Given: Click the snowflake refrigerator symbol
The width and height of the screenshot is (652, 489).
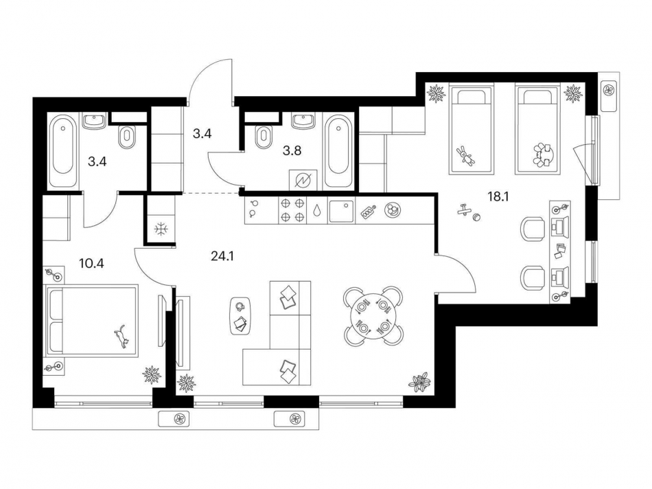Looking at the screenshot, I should tap(159, 229).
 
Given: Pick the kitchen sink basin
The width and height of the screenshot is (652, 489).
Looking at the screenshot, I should tap(340, 210).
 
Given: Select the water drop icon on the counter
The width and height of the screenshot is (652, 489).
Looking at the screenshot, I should tap(317, 211).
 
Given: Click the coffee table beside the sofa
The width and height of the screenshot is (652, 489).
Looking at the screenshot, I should tap(240, 317).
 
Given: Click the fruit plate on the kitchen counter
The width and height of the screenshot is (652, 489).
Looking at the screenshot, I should tap(393, 210).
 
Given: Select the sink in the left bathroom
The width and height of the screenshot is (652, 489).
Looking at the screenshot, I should tap(93, 122).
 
